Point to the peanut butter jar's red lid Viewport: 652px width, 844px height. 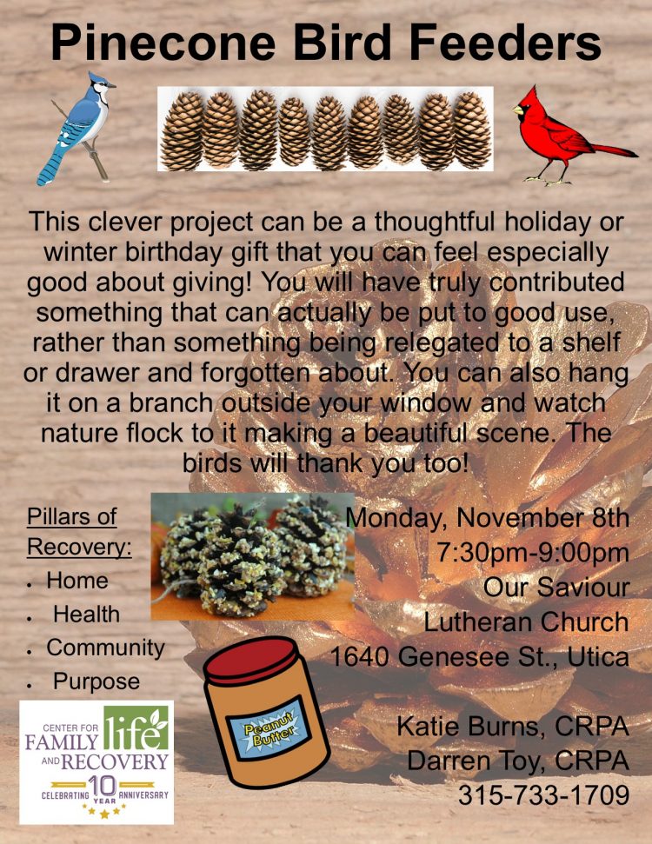pyautogui.click(x=251, y=660)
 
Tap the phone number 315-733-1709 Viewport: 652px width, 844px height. pyautogui.click(x=544, y=794)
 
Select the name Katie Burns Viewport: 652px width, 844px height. pyautogui.click(x=468, y=726)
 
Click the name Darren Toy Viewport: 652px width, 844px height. pyautogui.click(x=476, y=761)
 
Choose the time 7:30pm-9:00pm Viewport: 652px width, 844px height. pyautogui.click(x=533, y=552)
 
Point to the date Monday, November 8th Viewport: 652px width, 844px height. pyautogui.click(x=487, y=518)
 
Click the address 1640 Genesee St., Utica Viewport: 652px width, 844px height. pyautogui.click(x=479, y=656)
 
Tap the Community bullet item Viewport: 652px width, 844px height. pyautogui.click(x=105, y=648)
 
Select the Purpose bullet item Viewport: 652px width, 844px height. pyautogui.click(x=96, y=681)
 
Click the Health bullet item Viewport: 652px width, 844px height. pyautogui.click(x=86, y=615)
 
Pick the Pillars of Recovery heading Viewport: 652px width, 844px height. pyautogui.click(x=79, y=531)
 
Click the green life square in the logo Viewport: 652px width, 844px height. pyautogui.click(x=136, y=728)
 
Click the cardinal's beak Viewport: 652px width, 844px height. pyautogui.click(x=518, y=110)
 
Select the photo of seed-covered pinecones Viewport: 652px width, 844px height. pyautogui.click(x=252, y=556)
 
